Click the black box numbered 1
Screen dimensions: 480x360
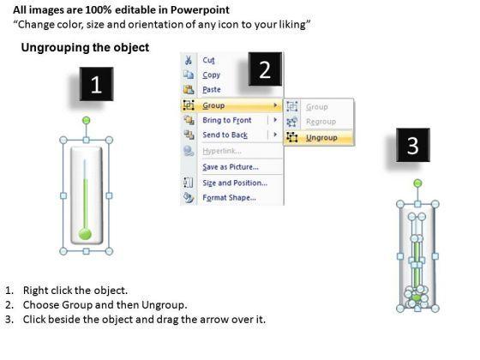96,84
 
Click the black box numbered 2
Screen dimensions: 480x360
265,69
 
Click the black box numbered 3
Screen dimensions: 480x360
413,145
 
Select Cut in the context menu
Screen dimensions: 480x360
208,60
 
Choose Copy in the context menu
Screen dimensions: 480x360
211,75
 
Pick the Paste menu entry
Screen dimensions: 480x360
212,89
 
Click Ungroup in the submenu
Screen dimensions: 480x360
321,138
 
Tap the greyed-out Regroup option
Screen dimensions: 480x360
321,122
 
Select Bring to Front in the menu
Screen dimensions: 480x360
227,120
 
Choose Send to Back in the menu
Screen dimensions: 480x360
225,135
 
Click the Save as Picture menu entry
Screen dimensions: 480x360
231,167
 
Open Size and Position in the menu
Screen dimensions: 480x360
235,183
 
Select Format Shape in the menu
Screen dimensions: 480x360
230,197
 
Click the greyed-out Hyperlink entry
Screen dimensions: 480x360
222,151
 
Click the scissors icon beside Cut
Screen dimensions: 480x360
189,60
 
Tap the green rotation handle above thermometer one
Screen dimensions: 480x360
87,120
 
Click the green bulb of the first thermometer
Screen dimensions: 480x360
85,234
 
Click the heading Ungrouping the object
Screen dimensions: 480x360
85,47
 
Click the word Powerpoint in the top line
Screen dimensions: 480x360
200,10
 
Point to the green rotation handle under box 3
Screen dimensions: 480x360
417,183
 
